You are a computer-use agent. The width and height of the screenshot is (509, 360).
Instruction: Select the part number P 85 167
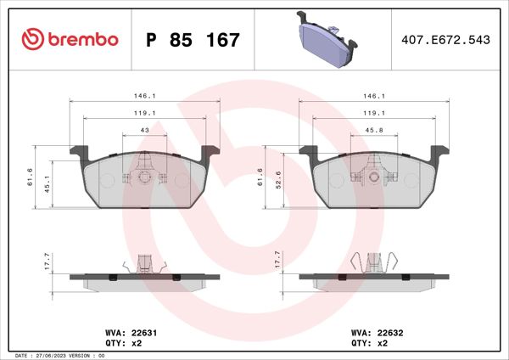pos(193,40)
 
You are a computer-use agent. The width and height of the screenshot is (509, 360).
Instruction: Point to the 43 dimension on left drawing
pos(143,129)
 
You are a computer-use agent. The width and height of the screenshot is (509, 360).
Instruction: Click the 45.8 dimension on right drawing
pos(374,129)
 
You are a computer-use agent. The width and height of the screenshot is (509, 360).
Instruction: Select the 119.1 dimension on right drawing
pos(374,113)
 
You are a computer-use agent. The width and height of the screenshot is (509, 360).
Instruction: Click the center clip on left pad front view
pos(143,176)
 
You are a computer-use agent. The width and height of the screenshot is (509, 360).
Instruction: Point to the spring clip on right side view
pos(373,262)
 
